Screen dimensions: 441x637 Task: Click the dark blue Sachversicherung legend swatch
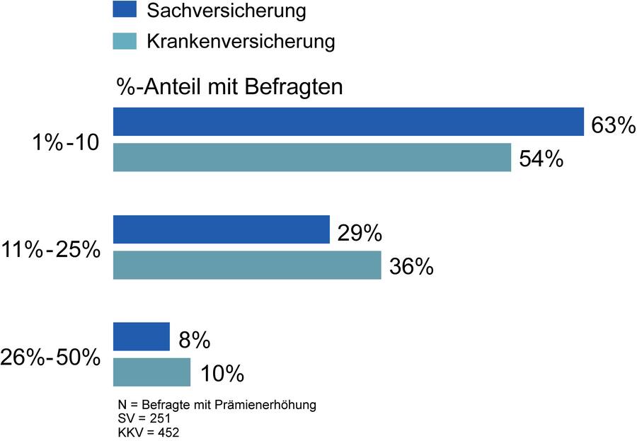(x=125, y=10)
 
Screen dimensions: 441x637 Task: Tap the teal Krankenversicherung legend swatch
(x=125, y=42)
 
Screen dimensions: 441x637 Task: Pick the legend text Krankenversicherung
(x=241, y=42)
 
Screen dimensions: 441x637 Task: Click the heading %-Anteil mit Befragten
(x=230, y=88)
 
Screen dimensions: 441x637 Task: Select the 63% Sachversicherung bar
(x=348, y=122)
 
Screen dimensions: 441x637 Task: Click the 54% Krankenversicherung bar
(x=312, y=157)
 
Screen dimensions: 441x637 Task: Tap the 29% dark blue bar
(x=222, y=229)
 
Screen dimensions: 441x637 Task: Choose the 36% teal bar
(x=247, y=265)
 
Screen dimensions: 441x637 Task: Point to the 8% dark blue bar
(x=142, y=337)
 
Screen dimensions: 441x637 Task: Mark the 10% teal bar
(x=152, y=372)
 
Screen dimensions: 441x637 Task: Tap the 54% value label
(x=541, y=159)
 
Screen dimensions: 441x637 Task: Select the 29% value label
(x=360, y=233)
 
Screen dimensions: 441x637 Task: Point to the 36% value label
(x=411, y=268)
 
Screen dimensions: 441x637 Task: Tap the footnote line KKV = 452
(x=149, y=432)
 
